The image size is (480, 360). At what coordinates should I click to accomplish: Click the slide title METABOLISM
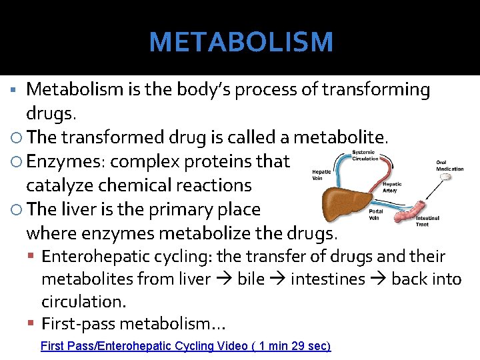pos(241,43)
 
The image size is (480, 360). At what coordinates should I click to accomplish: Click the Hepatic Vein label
pos(321,175)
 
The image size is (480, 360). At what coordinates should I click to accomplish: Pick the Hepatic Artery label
pos(392,187)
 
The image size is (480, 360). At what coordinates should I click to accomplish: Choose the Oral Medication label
pos(450,165)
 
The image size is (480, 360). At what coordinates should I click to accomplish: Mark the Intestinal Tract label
pos(427,221)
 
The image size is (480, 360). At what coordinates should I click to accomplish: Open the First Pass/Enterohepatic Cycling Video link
pos(185,346)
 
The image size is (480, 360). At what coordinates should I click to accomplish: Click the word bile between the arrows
pos(251,279)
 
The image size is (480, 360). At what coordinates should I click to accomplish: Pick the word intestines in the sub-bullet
pos(328,279)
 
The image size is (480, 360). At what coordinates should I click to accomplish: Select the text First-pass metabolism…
pos(133,324)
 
